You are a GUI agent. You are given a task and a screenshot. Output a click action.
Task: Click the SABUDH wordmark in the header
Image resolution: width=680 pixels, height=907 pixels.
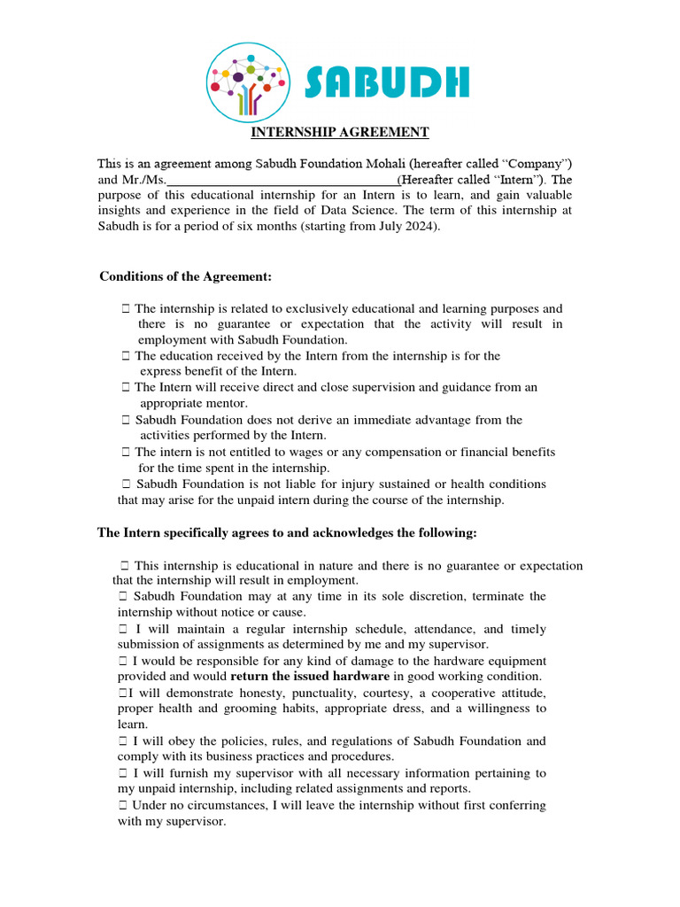pyautogui.click(x=387, y=84)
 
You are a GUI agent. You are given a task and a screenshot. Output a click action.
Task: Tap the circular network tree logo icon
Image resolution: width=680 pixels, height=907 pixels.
pyautogui.click(x=247, y=83)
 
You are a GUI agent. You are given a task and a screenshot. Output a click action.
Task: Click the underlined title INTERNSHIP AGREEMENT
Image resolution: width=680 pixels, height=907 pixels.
pyautogui.click(x=340, y=133)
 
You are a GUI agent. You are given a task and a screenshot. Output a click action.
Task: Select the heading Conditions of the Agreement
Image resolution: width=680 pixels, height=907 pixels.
pyautogui.click(x=185, y=277)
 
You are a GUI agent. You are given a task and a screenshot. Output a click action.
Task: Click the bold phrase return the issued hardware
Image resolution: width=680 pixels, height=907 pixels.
pyautogui.click(x=316, y=677)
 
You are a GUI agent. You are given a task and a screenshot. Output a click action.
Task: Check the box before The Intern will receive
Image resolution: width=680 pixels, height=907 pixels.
pyautogui.click(x=126, y=387)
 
